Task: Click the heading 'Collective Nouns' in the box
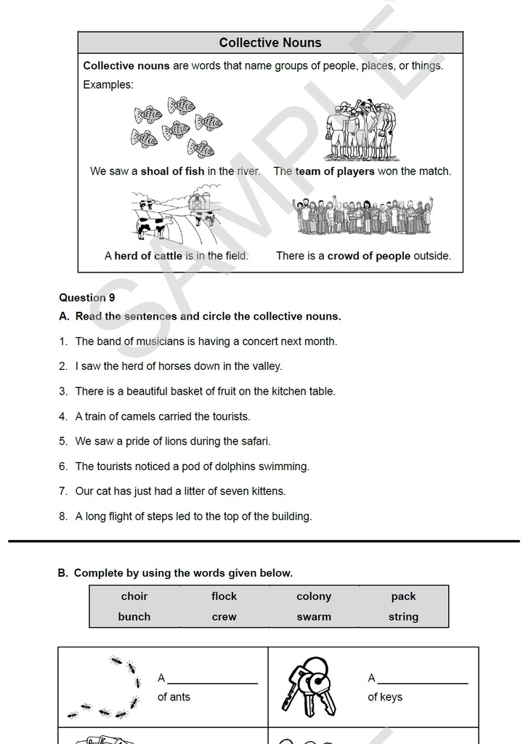pos(269,43)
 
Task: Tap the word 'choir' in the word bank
pos(134,597)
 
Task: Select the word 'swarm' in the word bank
pos(314,617)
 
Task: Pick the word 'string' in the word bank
pos(403,617)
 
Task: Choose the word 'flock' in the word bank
pos(224,597)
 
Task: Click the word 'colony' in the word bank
pos(314,597)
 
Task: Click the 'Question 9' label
pos(87,298)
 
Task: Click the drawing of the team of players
pos(361,132)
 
